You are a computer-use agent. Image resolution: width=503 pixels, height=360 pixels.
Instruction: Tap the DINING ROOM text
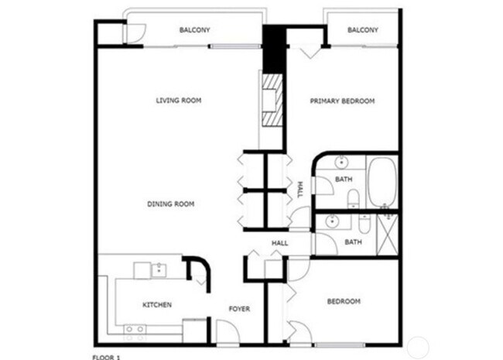[x=170, y=204]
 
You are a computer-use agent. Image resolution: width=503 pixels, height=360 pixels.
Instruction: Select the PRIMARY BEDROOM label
[x=342, y=101]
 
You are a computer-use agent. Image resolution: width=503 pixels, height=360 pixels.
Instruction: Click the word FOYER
[x=239, y=309]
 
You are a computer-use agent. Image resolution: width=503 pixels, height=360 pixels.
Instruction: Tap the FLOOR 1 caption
[x=107, y=357]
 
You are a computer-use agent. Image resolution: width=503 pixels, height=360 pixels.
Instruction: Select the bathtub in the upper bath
[x=382, y=183]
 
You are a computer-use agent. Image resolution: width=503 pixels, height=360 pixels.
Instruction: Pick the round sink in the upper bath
[x=341, y=164]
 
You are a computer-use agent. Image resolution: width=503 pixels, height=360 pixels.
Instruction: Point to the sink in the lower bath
[x=332, y=221]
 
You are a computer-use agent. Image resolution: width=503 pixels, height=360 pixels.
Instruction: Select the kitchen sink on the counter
[x=159, y=270]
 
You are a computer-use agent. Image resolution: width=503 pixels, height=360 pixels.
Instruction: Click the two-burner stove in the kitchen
[x=135, y=330]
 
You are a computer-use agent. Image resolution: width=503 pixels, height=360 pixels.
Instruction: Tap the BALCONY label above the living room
[x=194, y=30]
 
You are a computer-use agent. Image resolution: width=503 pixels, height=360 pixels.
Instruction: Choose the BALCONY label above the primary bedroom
[x=362, y=30]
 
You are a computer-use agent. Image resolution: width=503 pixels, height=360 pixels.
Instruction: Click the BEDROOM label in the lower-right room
[x=344, y=301]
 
